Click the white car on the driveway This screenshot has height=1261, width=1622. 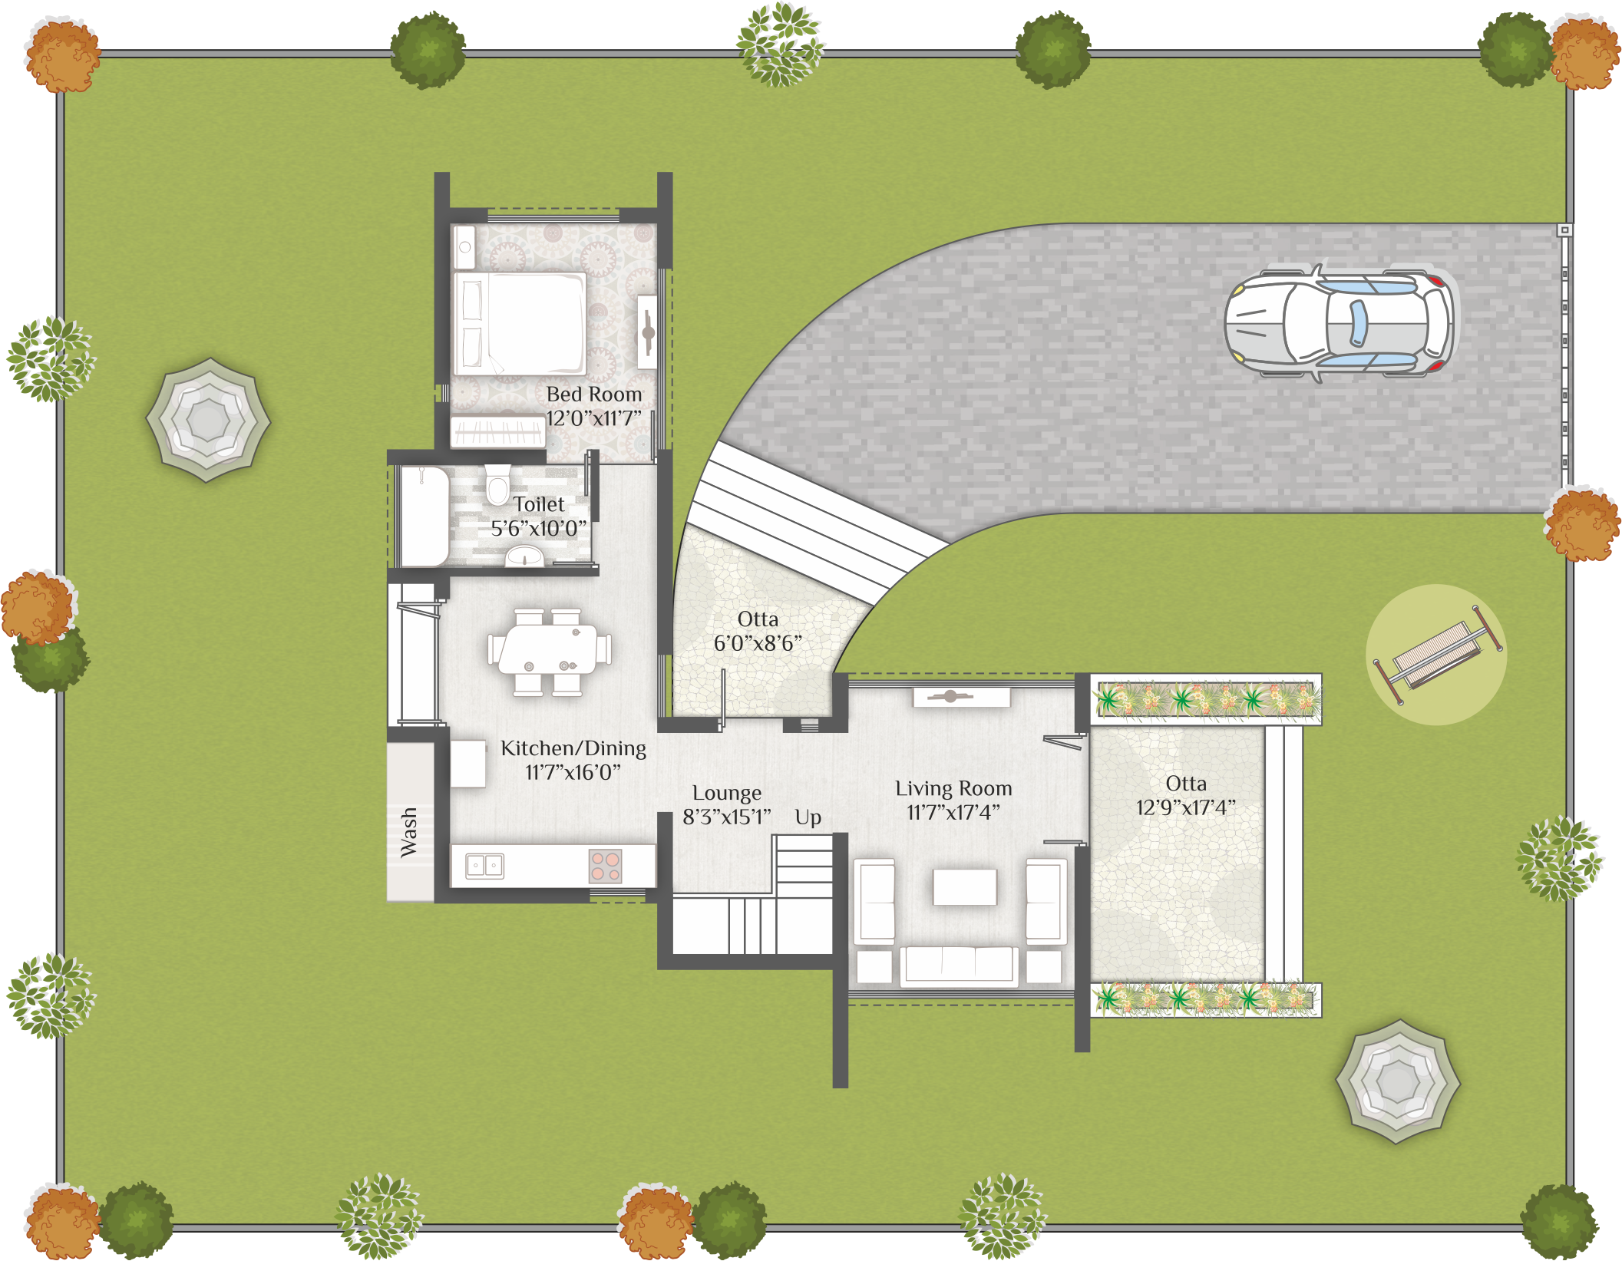pos(1338,323)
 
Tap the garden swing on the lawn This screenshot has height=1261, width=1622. pos(1438,654)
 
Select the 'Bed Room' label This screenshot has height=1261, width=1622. pos(594,394)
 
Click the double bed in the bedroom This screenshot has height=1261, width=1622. pos(520,324)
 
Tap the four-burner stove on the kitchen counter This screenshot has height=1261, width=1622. pos(605,867)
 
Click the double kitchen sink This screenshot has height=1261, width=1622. pos(485,866)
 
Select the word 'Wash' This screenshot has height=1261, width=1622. pos(408,832)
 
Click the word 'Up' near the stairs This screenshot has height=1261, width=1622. pos(808,818)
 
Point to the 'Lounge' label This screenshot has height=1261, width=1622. pos(727,794)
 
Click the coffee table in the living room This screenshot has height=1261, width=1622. pos(965,887)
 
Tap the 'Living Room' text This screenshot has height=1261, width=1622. pos(953,789)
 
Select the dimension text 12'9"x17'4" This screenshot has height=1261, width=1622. pos(1186,807)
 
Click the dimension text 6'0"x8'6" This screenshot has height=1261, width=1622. pos(758,643)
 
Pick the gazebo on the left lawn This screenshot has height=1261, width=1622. pos(208,420)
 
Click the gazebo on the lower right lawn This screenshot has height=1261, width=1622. pos(1398,1082)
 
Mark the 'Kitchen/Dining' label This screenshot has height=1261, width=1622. pos(573,748)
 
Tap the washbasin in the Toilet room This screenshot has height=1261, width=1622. pos(524,556)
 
